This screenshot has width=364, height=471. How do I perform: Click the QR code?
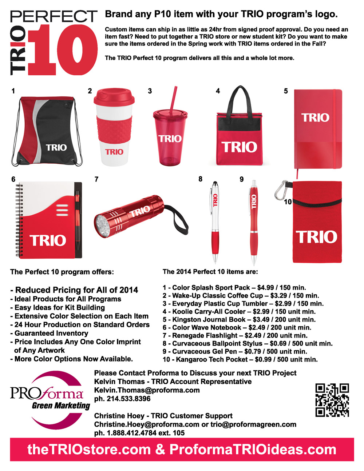point(332,400)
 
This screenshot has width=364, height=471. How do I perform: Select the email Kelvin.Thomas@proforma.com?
point(147,390)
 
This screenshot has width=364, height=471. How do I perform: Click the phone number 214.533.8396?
point(128,399)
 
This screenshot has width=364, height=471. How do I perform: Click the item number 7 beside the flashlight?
point(96,179)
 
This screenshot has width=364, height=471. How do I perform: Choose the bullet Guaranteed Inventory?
point(51,333)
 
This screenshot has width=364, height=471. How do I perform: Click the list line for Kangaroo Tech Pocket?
point(240,360)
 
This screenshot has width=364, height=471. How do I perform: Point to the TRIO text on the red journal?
point(315,117)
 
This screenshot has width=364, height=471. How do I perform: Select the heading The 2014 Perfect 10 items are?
point(210,272)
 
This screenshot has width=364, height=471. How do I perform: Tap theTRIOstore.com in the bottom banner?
point(89,450)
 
